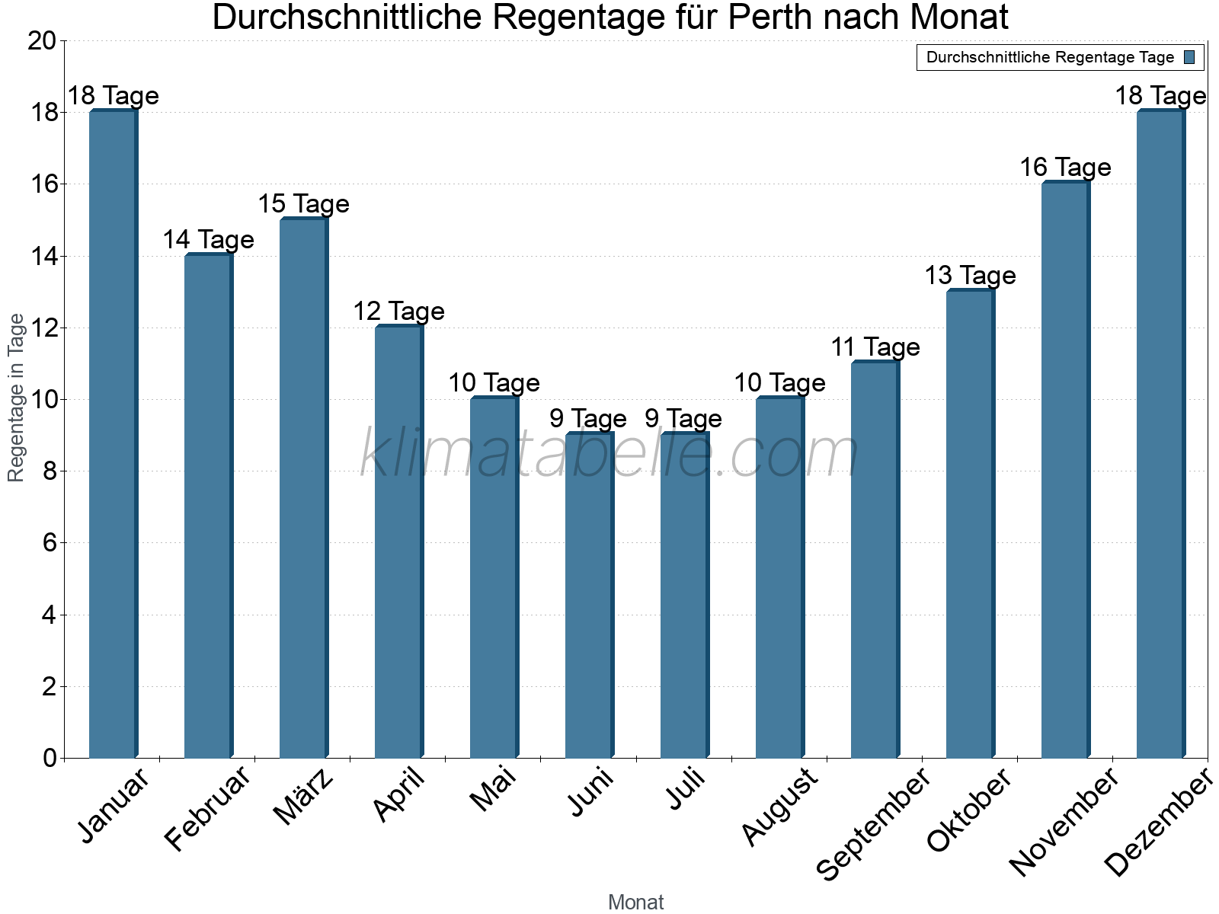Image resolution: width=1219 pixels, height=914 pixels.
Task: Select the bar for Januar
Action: [x=113, y=434]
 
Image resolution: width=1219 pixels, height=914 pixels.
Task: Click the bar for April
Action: [x=398, y=542]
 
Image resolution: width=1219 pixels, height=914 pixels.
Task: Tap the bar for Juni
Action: [x=589, y=596]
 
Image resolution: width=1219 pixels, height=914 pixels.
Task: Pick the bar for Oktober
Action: [x=970, y=524]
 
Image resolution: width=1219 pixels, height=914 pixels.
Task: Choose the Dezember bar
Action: [x=1160, y=434]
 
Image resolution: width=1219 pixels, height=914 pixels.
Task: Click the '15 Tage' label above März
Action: [x=303, y=204]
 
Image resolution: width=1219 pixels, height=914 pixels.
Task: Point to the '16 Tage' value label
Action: [x=1065, y=168]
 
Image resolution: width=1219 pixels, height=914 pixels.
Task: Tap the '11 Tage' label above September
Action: [x=875, y=347]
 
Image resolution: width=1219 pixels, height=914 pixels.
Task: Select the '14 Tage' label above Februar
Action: [x=208, y=240]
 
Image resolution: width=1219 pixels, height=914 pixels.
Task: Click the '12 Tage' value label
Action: [x=398, y=312]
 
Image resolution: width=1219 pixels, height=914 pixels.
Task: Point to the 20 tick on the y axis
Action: [x=42, y=41]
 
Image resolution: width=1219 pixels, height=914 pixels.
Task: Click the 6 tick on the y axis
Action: [x=50, y=543]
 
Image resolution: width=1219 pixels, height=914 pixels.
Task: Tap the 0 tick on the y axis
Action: [x=50, y=758]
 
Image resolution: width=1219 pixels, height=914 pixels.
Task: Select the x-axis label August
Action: [x=779, y=807]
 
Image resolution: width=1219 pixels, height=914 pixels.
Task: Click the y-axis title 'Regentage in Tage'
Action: [x=17, y=398]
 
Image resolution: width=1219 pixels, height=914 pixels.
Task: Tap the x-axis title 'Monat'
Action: [x=635, y=903]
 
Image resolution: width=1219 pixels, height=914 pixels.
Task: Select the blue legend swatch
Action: [x=1189, y=57]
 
